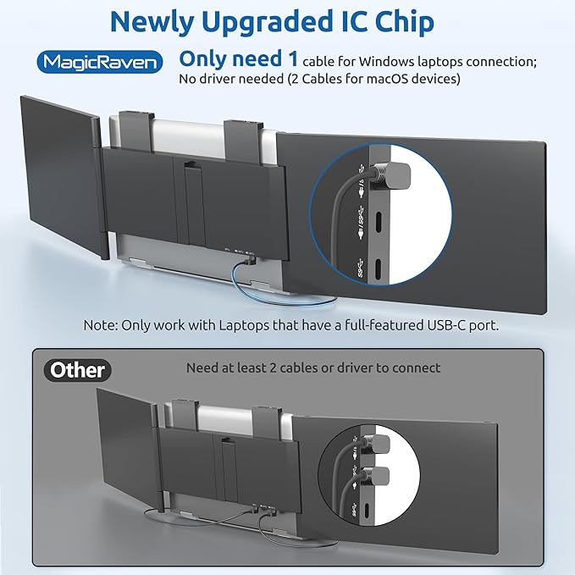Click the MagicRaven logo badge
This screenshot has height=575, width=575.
point(100,62)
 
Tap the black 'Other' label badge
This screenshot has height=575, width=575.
point(77,370)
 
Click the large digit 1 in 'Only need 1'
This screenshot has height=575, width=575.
point(292,58)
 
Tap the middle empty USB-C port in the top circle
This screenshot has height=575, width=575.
point(378,222)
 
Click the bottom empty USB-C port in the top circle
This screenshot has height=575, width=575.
point(378,269)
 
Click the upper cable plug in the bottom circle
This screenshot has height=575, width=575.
point(377,444)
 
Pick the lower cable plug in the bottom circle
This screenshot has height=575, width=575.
point(377,477)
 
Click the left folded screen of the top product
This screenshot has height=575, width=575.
point(60,175)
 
